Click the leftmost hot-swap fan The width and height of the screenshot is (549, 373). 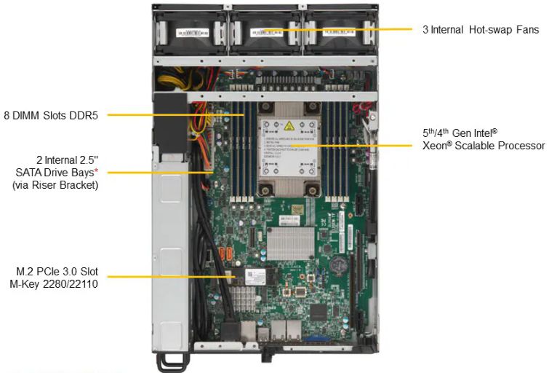pos(191,33)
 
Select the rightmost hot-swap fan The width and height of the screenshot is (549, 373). pos(339,33)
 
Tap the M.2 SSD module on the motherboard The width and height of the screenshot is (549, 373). pos(254,275)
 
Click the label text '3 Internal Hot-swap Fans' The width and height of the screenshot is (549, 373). pos(481,30)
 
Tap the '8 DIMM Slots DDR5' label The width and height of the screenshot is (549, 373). pos(50,114)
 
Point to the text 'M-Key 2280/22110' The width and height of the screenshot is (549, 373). pos(55,284)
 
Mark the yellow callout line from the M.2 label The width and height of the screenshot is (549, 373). pos(167,277)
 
